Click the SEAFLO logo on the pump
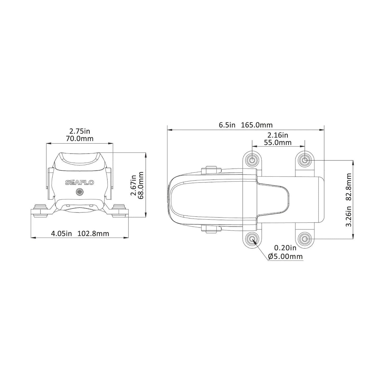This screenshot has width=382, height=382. pos(80,183)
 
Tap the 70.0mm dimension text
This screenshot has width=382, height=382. pos(80,138)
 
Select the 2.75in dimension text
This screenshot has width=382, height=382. pos(80,131)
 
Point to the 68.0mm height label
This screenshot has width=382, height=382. pos(140,185)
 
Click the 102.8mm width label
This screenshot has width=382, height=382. pos(93,233)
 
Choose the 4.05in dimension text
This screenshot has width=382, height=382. pos(61,233)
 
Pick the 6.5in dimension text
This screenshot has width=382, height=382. pos(227,125)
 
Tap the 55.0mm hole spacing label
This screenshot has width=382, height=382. pos(278,142)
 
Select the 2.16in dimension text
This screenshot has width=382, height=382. pos(278,135)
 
